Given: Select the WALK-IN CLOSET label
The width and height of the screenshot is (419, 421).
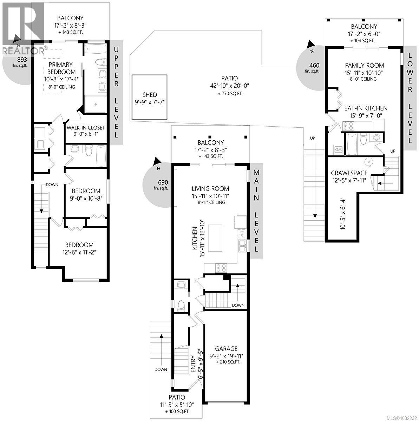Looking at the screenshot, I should (x=86, y=128).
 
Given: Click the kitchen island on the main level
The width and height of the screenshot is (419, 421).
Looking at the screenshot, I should (x=215, y=238).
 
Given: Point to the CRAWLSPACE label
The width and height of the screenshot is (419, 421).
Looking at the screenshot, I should (x=349, y=173).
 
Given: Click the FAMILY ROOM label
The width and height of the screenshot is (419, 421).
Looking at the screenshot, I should (x=364, y=66).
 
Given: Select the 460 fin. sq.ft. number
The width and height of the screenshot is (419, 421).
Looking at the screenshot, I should (x=314, y=65).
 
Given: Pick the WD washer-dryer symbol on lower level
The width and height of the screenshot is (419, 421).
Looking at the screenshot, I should (x=338, y=149).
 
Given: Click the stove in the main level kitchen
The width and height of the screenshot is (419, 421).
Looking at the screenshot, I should (x=221, y=268).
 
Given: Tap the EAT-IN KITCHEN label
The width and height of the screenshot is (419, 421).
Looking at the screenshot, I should (x=366, y=108).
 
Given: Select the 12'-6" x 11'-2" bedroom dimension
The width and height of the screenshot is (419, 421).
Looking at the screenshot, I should (x=79, y=252).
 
